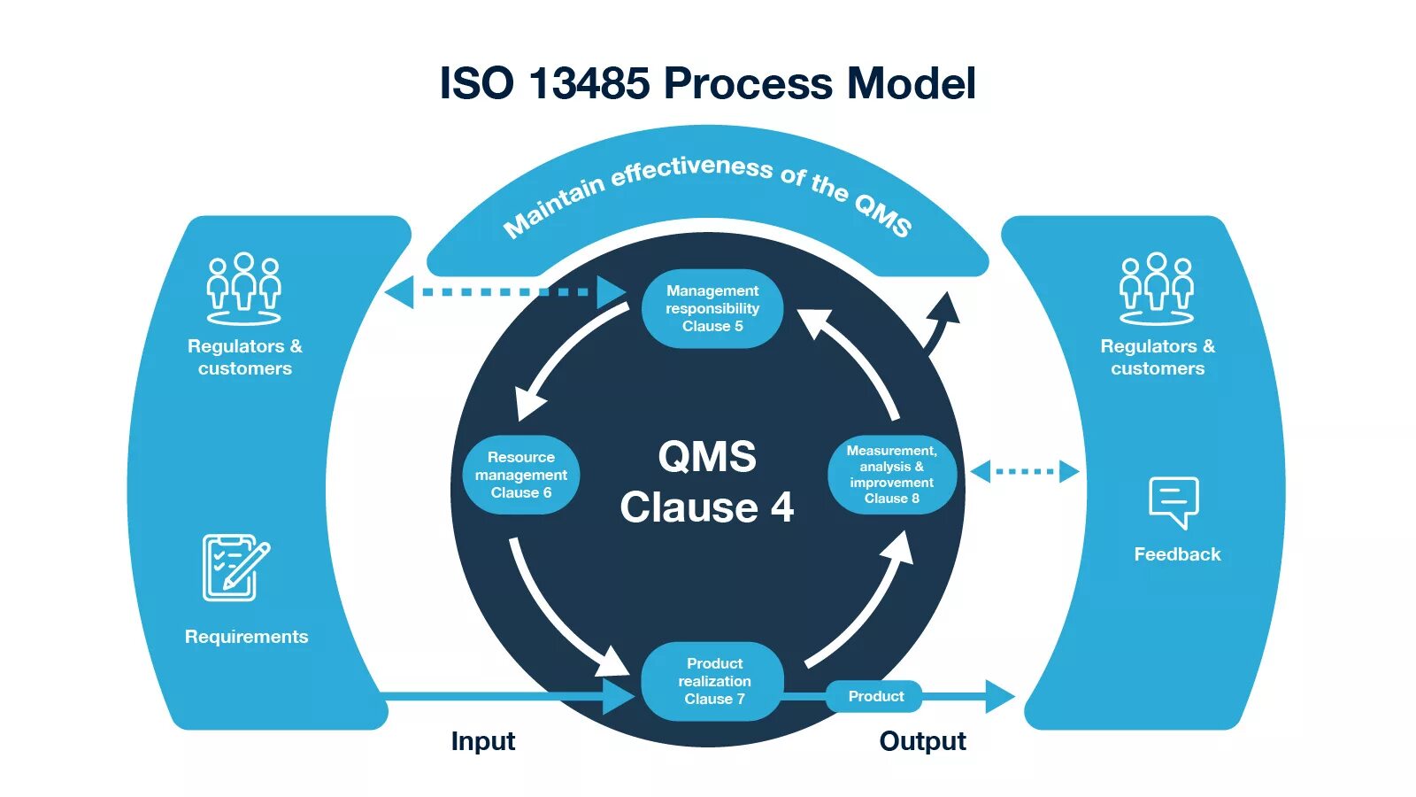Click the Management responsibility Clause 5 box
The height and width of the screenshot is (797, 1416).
[712, 308]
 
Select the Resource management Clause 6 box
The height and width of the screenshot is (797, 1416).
[521, 475]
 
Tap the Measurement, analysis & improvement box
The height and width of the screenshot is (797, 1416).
[891, 475]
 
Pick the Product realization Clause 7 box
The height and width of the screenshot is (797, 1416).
[713, 681]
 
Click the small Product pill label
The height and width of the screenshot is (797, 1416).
[875, 696]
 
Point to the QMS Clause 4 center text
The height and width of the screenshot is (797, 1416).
[707, 483]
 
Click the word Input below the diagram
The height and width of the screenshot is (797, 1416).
[482, 741]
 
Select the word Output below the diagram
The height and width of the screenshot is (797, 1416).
[922, 741]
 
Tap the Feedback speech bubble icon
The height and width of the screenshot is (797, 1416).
[1174, 502]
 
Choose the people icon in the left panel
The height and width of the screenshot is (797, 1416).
[243, 289]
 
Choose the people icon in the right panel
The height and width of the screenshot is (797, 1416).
[1156, 289]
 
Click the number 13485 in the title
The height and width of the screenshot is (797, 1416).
[589, 84]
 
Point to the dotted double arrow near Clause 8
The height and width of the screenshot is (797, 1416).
[1025, 471]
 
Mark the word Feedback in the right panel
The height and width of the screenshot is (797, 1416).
[1177, 554]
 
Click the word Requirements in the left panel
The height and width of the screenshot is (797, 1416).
[246, 637]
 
